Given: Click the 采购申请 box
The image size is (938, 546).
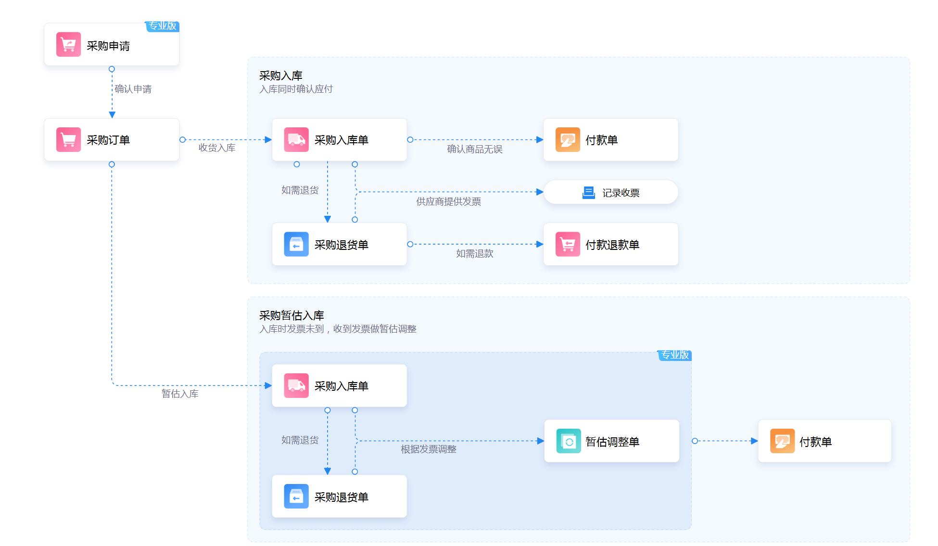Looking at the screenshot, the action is click(x=112, y=44).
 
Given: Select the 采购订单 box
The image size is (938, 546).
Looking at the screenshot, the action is click(x=112, y=139).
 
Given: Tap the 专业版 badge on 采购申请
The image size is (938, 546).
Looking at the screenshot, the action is click(x=163, y=26).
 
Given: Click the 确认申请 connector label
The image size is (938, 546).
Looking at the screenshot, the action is click(x=133, y=89).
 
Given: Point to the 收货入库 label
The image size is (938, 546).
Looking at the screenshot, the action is click(x=217, y=148).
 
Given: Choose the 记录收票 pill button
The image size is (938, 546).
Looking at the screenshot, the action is click(x=611, y=192).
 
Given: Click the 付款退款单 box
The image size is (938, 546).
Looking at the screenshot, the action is click(x=611, y=244).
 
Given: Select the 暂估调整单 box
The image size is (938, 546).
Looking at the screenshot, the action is click(x=612, y=441).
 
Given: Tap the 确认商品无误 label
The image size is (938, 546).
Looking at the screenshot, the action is click(x=475, y=149).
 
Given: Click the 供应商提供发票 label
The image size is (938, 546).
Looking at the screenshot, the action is click(x=449, y=201).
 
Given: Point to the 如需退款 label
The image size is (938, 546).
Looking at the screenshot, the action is click(x=475, y=253).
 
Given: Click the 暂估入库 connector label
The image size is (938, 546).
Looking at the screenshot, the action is click(x=180, y=394).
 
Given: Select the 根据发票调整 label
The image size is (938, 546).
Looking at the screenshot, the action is click(x=429, y=449).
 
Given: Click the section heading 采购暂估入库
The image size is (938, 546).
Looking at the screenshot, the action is click(x=292, y=315).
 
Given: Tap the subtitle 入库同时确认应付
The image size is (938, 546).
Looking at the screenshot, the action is click(x=296, y=89).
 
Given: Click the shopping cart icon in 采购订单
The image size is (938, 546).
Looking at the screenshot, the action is click(x=68, y=140).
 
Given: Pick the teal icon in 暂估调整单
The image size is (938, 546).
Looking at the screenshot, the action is click(x=569, y=441).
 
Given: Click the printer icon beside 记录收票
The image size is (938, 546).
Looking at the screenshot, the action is click(x=589, y=192).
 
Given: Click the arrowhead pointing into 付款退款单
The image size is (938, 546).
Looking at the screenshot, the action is click(x=540, y=244).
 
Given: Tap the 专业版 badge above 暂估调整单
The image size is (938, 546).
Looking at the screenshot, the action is click(x=675, y=355).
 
